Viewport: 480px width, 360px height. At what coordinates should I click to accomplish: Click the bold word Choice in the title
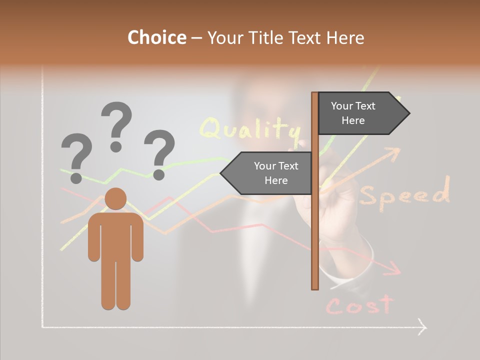click(x=156, y=37)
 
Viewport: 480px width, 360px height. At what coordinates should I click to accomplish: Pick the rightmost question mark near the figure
click(x=159, y=153)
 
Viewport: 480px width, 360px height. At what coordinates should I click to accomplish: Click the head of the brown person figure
click(x=116, y=198)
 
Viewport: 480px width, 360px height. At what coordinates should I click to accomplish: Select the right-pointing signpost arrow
click(x=362, y=113)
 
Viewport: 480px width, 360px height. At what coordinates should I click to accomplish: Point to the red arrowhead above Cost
click(x=395, y=268)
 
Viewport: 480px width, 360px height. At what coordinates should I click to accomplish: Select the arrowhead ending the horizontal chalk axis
click(x=422, y=327)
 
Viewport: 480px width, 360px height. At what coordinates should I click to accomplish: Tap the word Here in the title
click(x=345, y=37)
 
